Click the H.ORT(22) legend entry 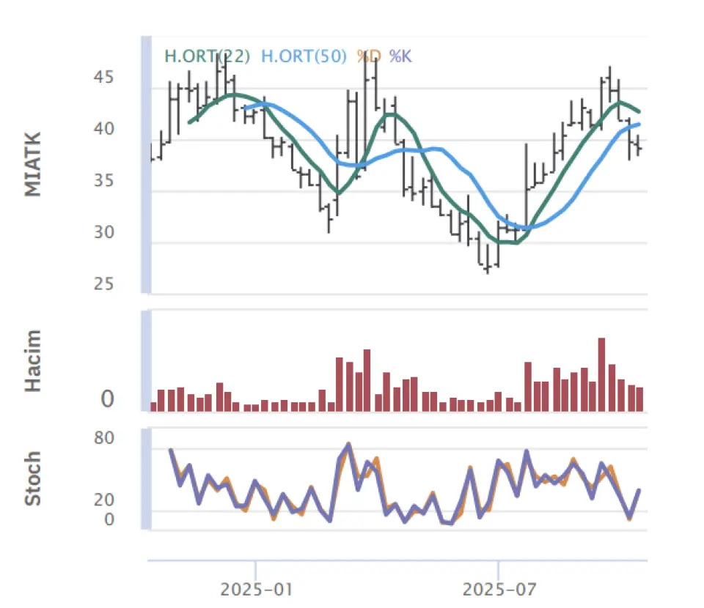pos(208,56)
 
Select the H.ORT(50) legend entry pos(304,56)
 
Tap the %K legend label pos(400,56)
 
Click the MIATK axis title pos(33,165)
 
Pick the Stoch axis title pos(33,478)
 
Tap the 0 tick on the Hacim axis pos(108,400)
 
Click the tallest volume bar pos(602,374)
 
